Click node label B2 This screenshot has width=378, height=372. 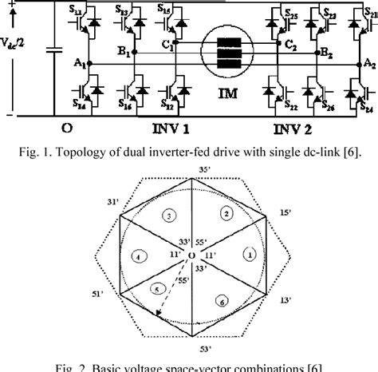click(x=325, y=53)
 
